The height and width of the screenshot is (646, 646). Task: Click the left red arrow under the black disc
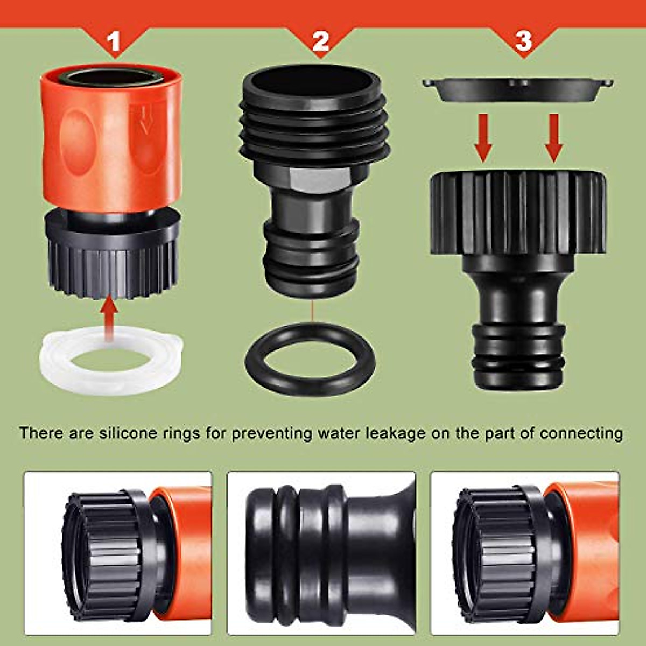[483, 138]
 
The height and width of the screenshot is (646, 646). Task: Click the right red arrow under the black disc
[554, 138]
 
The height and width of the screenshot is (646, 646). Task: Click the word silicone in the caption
[123, 433]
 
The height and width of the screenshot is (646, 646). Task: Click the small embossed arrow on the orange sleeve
[143, 121]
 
